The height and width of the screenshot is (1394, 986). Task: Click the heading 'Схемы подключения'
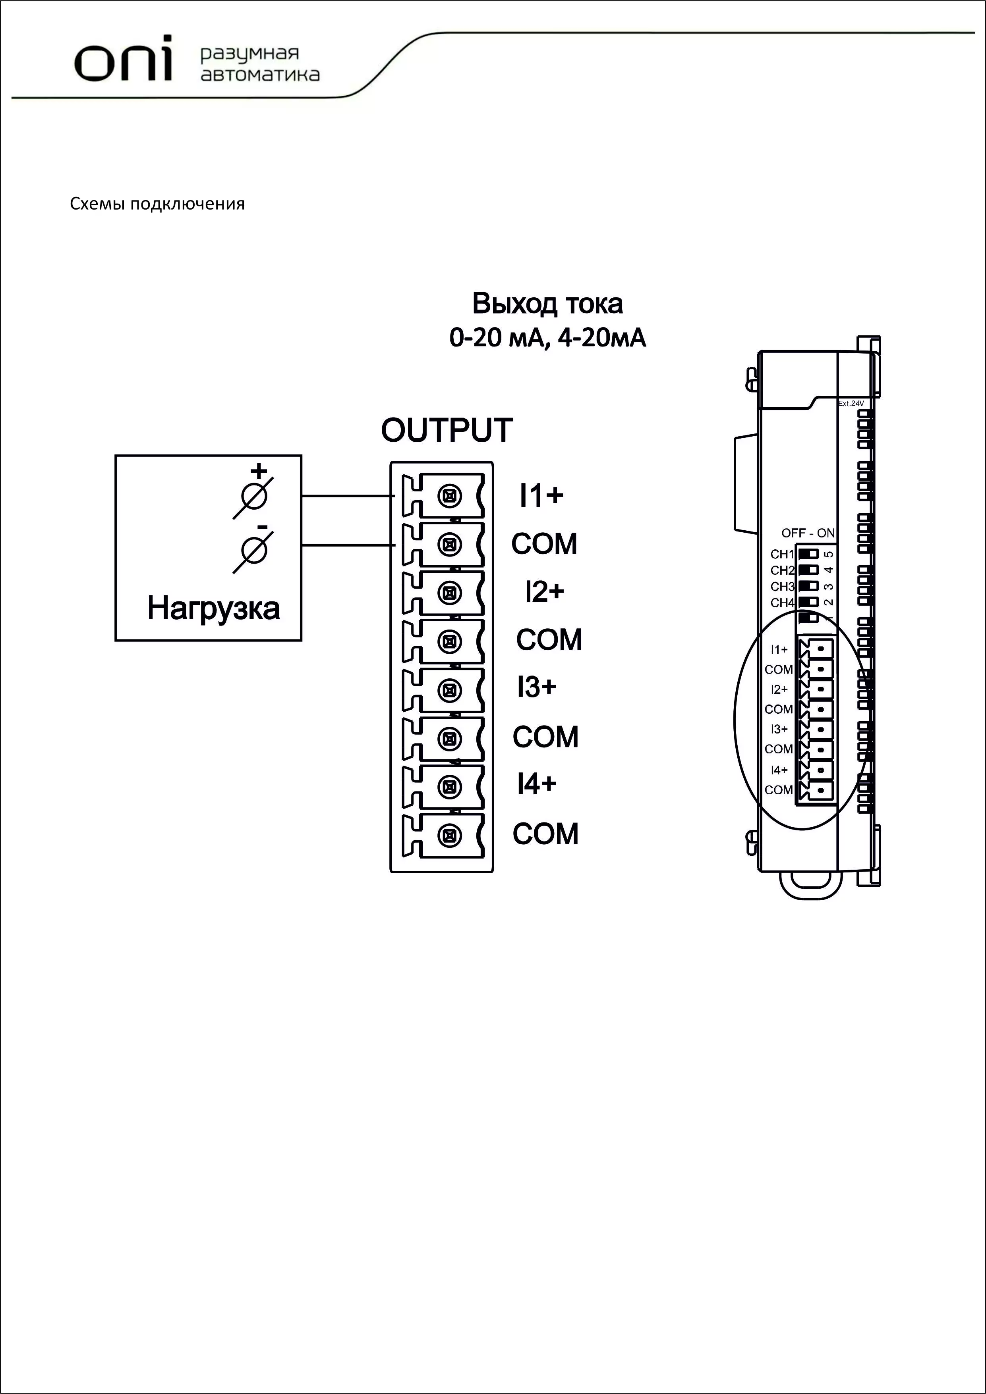point(157,204)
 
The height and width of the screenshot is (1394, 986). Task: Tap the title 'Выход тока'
point(547,304)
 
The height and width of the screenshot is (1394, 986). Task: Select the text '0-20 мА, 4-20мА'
point(547,337)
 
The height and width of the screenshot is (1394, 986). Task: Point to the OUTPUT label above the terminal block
point(447,430)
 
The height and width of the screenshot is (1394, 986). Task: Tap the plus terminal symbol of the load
point(253,497)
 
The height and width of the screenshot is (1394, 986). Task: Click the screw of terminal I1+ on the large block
point(450,496)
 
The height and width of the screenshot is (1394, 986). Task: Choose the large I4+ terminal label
point(536,784)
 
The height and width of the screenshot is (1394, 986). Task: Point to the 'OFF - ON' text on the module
point(808,533)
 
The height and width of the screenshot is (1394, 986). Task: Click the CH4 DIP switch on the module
point(808,602)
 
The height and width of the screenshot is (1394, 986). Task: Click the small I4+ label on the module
point(779,770)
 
